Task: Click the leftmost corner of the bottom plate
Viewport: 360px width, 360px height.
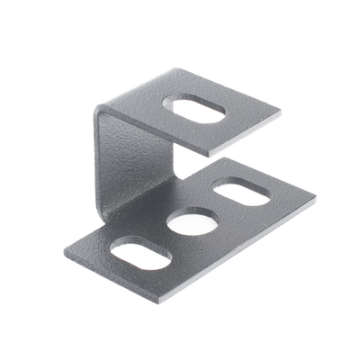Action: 65,244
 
